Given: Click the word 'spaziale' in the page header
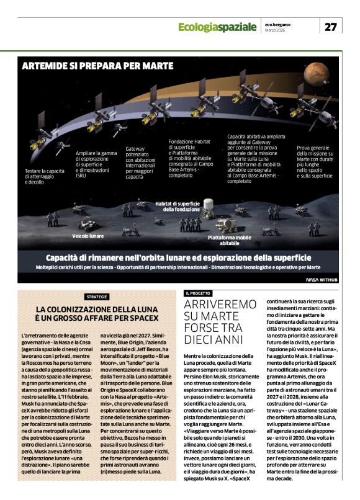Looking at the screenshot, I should click(x=234, y=27).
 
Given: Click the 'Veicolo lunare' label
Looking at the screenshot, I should click(x=88, y=236).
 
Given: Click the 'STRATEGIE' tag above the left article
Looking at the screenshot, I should click(x=96, y=297).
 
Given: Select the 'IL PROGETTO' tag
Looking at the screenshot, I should click(x=198, y=293).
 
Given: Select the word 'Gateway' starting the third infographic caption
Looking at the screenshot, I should click(x=135, y=149).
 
